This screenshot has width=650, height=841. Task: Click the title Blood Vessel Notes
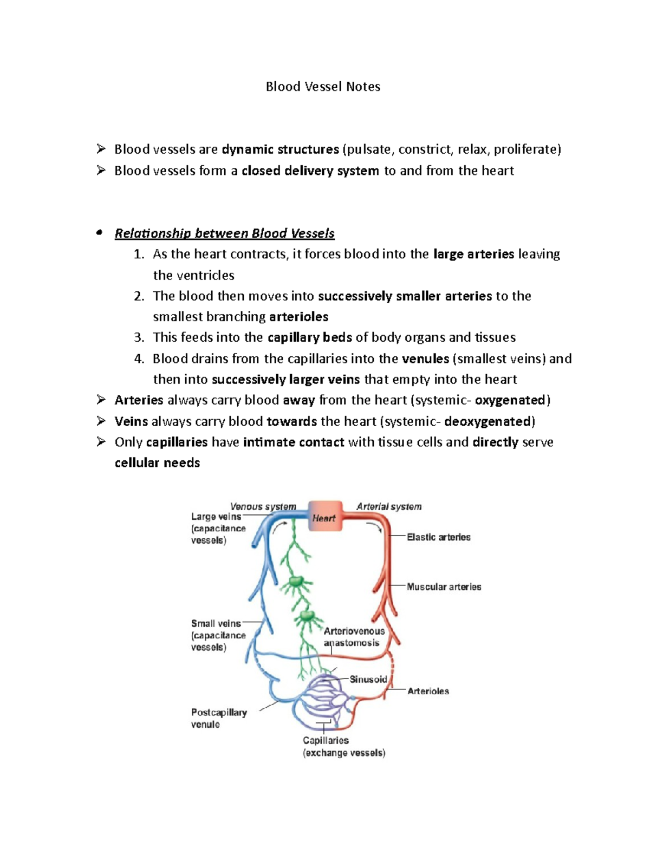click(x=323, y=87)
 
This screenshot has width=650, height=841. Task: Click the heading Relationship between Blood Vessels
click(x=224, y=233)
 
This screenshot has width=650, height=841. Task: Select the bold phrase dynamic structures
click(x=280, y=149)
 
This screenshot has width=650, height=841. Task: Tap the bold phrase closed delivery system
click(x=310, y=171)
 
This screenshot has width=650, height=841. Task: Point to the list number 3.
click(x=139, y=337)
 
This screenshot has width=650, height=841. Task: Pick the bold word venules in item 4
click(x=425, y=358)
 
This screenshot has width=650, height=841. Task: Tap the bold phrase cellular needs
click(x=157, y=463)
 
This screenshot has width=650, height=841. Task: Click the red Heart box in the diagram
click(x=325, y=517)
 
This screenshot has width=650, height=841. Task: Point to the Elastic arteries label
click(x=438, y=537)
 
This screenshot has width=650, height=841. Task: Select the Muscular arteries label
click(x=444, y=587)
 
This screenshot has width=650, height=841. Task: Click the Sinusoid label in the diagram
click(x=368, y=679)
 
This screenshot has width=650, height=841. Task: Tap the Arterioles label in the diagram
click(x=428, y=692)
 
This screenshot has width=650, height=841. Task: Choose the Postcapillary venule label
click(x=218, y=718)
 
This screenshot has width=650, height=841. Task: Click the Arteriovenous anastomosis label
click(x=354, y=637)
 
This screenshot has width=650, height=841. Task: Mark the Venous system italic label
click(x=263, y=507)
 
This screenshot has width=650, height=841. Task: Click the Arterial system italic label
click(x=388, y=507)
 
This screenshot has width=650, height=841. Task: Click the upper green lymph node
click(x=296, y=582)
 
